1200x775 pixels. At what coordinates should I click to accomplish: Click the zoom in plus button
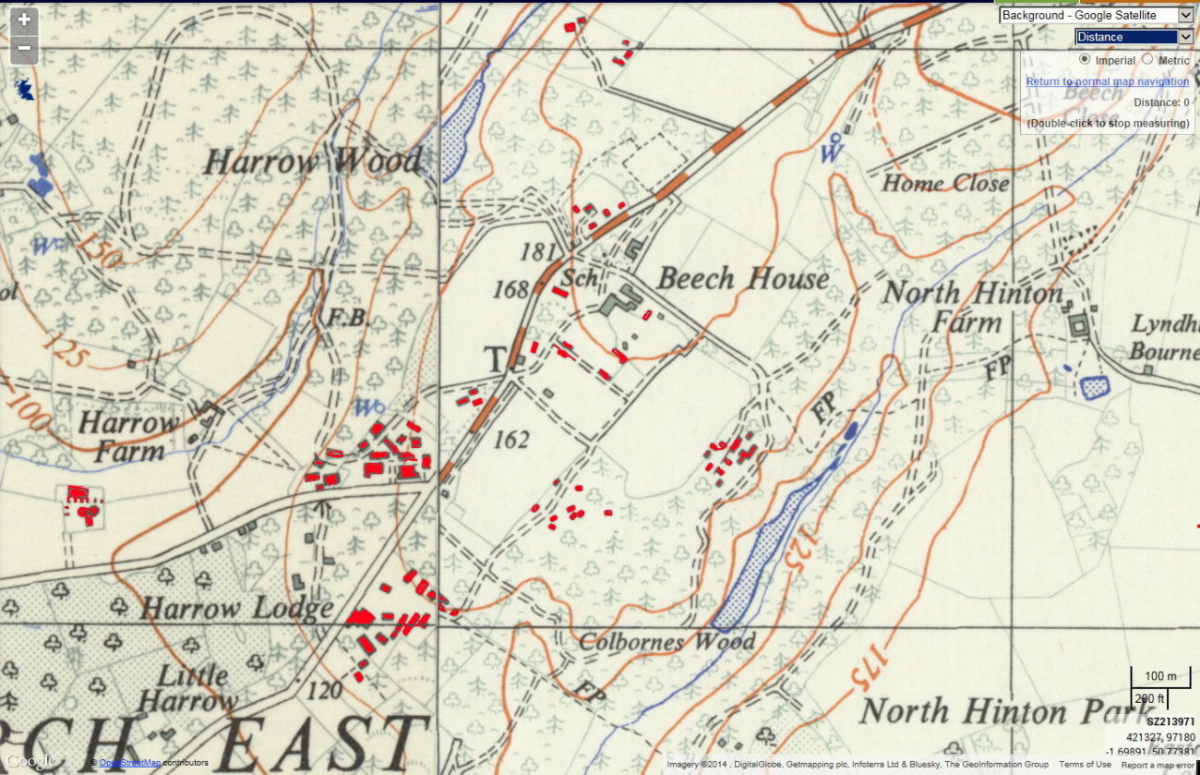[x=24, y=20]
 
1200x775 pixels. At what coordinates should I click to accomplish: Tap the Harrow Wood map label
[x=311, y=163]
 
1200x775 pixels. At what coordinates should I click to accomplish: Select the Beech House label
[x=742, y=278]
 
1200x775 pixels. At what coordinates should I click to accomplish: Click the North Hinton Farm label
[x=972, y=308]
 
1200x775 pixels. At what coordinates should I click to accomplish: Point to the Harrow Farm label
[x=128, y=437]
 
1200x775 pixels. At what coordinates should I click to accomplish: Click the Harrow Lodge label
[x=236, y=609]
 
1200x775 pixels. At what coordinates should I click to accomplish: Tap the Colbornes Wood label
[x=666, y=641]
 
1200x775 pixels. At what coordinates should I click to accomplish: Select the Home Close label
[x=944, y=183]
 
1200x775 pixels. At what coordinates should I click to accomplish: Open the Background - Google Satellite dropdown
[x=1097, y=15]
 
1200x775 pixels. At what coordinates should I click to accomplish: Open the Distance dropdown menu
[x=1134, y=37]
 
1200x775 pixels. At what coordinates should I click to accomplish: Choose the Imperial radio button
[x=1086, y=60]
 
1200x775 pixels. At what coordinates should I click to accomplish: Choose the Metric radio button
[x=1147, y=60]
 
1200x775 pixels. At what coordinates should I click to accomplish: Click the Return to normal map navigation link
[x=1107, y=81]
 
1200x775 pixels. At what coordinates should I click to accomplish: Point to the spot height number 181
[x=539, y=251]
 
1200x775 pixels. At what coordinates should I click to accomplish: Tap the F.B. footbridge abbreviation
[x=348, y=319]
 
